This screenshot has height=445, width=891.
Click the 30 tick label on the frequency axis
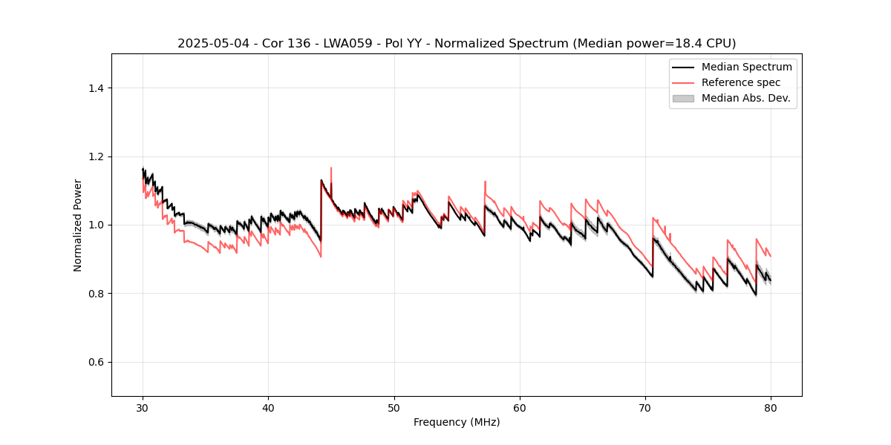pos(143,408)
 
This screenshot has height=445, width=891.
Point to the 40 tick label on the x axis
pos(269,408)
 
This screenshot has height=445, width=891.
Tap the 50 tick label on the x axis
pos(394,408)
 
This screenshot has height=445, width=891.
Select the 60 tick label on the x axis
pos(520,408)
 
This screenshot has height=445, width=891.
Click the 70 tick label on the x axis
pos(645,408)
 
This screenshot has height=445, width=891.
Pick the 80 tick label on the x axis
pos(771,408)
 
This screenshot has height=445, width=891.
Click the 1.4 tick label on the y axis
pos(96,88)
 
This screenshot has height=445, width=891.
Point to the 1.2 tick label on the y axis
pos(96,156)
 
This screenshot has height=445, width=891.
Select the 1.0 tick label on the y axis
pos(96,225)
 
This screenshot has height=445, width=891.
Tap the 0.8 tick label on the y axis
pos(96,294)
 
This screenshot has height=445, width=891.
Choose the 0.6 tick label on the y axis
pos(96,362)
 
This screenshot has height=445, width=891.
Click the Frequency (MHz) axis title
pos(457,423)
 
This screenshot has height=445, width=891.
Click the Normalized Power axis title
pos(78,225)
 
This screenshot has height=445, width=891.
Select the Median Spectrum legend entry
pos(746,67)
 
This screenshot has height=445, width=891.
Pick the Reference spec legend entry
pos(740,82)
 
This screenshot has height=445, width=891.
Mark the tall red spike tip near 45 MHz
pos(331,168)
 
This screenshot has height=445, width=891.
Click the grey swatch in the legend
pos(682,98)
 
